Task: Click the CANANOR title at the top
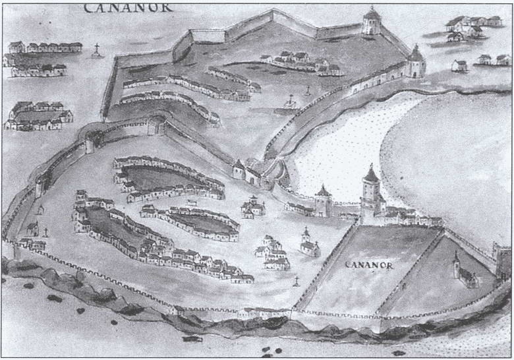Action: [128, 7]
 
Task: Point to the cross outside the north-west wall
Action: [97, 49]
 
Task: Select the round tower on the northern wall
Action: [372, 22]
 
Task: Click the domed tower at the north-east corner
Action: [415, 63]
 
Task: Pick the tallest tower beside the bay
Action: [370, 191]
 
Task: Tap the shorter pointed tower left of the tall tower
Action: [323, 200]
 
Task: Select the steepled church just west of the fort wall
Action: [308, 243]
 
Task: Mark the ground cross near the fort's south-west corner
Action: [296, 283]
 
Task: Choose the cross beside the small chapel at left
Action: [46, 232]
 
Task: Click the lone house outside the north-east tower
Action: [459, 65]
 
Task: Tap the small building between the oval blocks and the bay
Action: [253, 208]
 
